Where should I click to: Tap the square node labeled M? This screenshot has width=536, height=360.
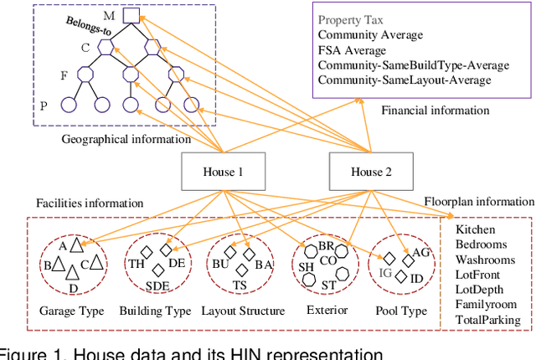coord(131,15)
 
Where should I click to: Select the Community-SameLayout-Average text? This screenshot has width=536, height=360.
coord(405,80)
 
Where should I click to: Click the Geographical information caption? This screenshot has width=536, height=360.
coord(126,139)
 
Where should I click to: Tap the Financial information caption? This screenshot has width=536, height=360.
coord(435,110)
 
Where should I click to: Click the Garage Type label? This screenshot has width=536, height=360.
coord(72,311)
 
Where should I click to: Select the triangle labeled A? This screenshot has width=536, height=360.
coord(76,245)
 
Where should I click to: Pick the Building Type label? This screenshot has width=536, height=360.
coord(155,311)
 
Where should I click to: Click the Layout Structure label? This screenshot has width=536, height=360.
coord(242,311)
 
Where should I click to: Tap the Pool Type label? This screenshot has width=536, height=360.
coord(402,311)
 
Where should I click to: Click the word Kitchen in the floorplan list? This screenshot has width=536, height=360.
coord(475,229)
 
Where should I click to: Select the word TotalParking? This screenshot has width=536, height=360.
coord(487,320)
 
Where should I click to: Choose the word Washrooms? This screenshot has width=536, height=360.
coord(485,260)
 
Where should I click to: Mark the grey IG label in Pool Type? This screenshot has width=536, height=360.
coord(385,273)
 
